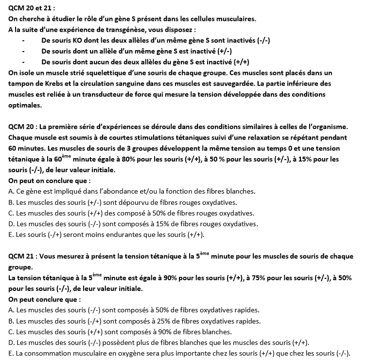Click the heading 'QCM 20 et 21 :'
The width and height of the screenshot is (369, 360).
32,8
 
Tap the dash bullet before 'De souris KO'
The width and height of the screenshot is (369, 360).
23,40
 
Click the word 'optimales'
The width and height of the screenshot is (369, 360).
24,105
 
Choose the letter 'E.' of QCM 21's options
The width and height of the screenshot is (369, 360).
11,354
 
